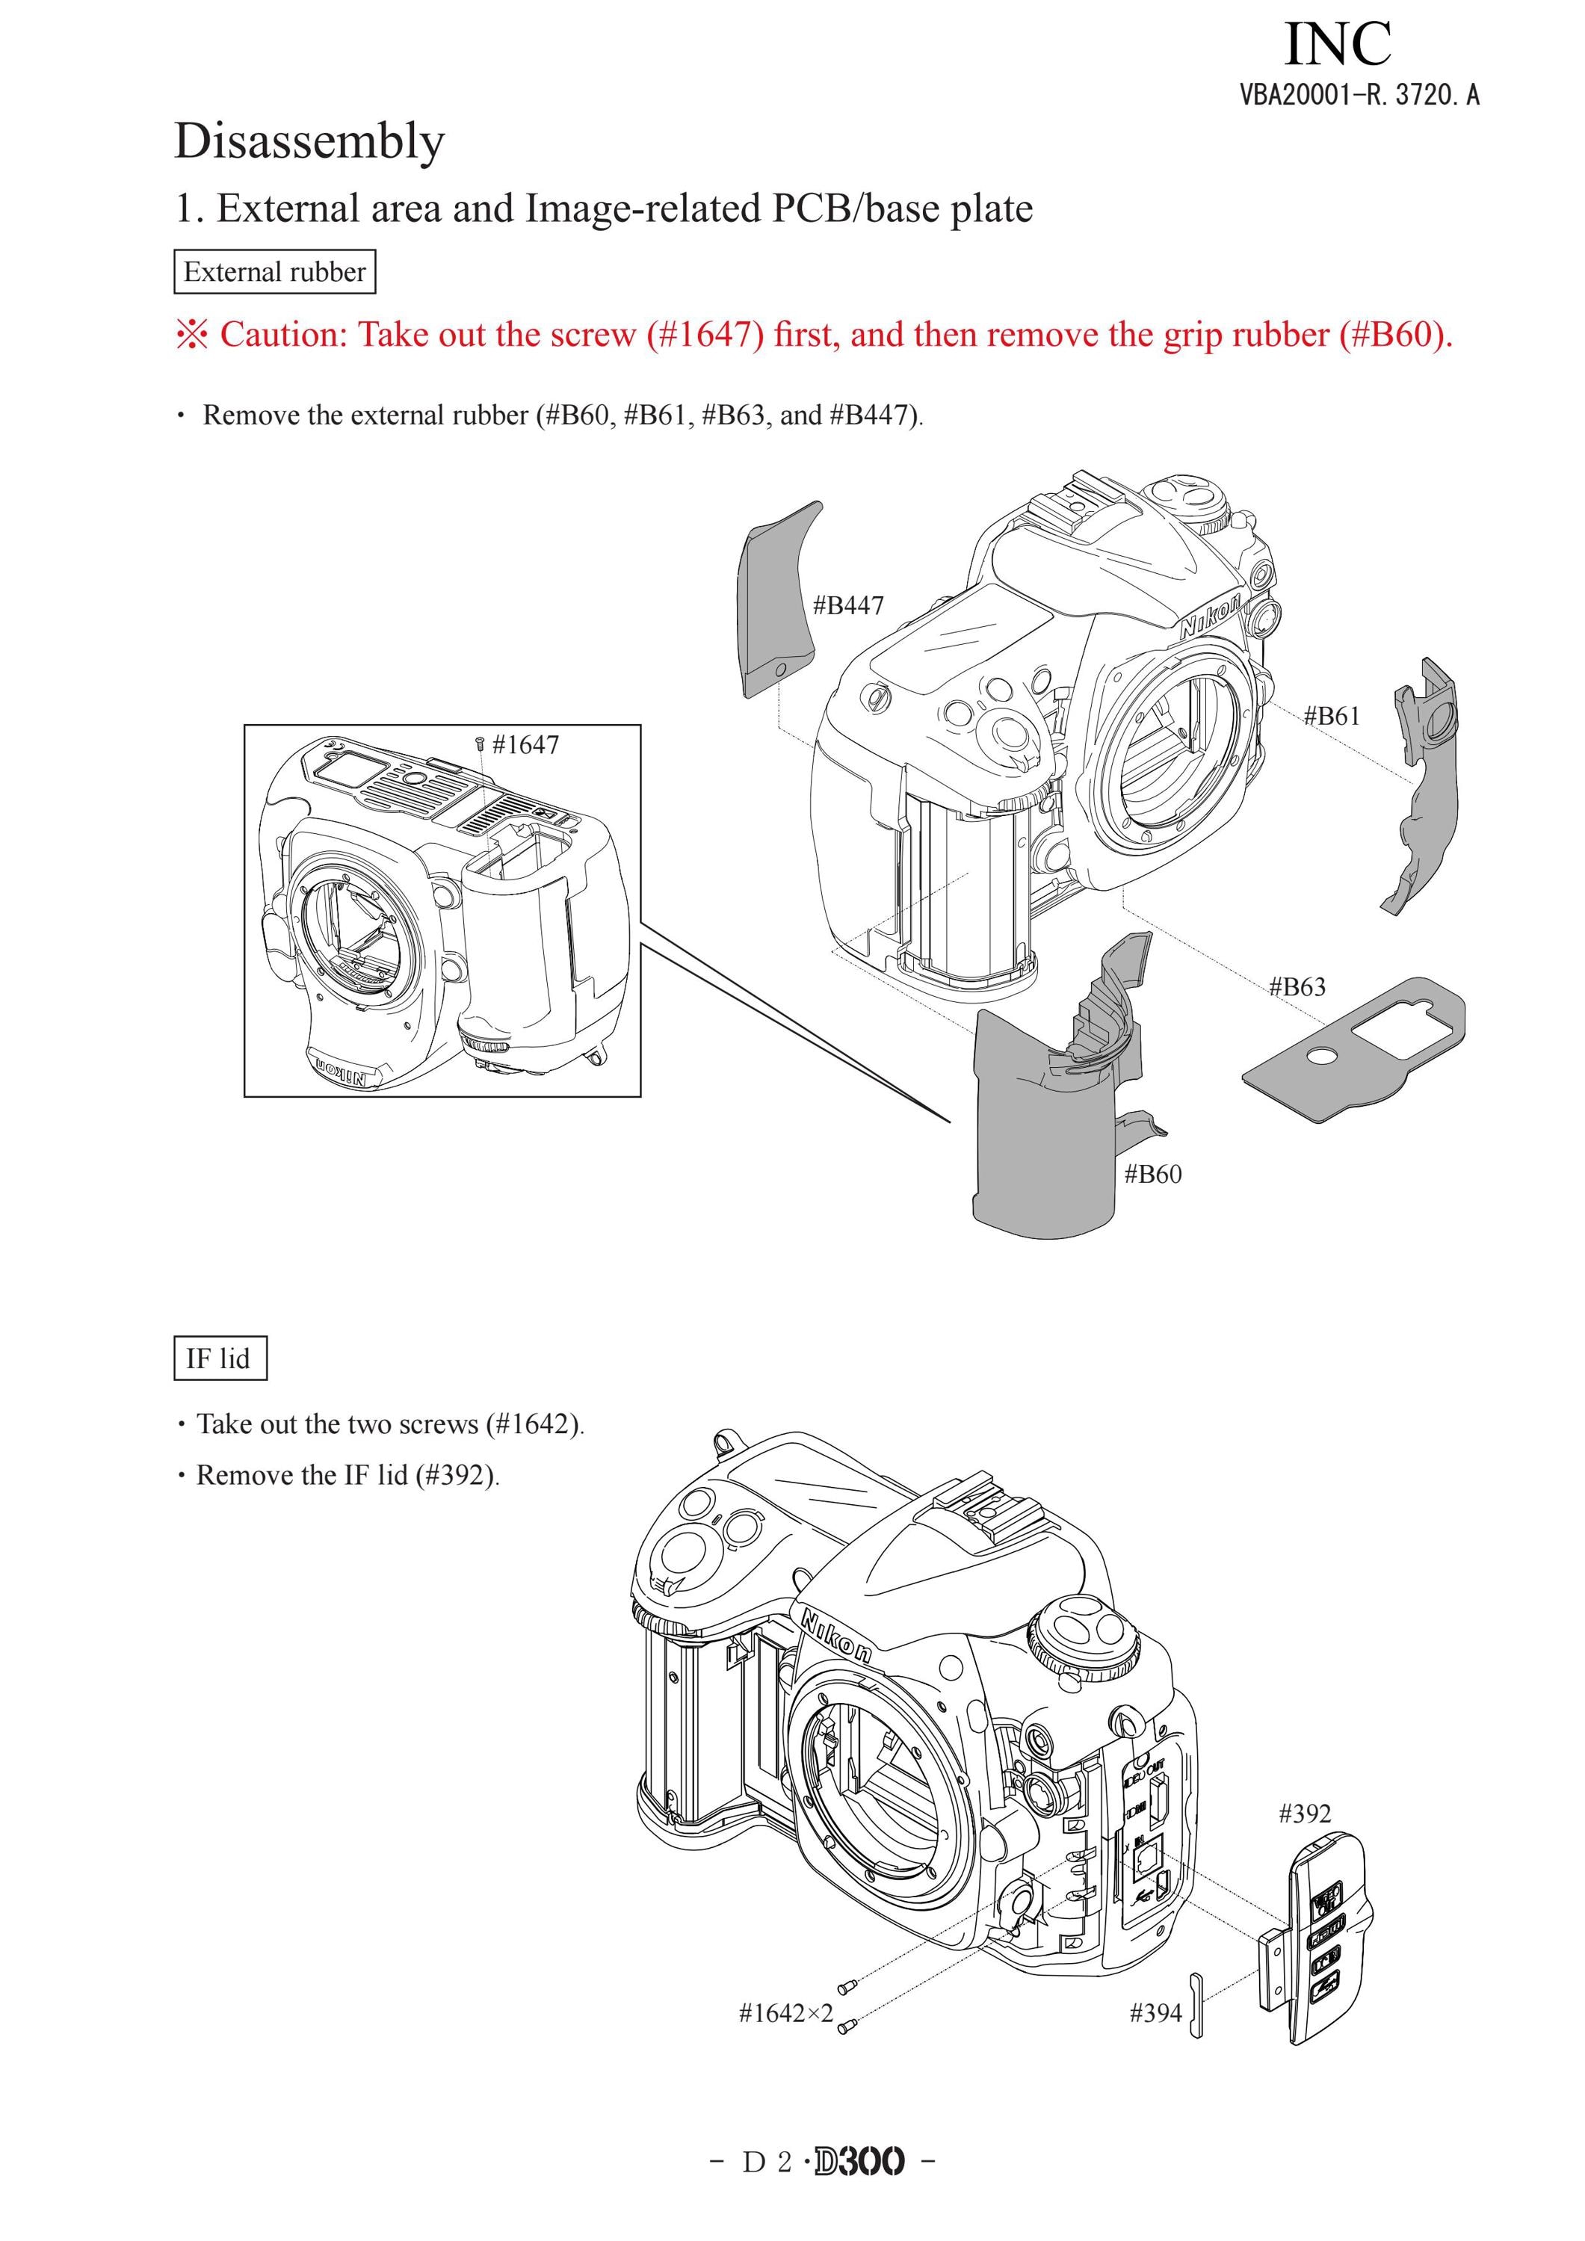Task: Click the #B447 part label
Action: tap(848, 605)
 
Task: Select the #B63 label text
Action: tap(1297, 987)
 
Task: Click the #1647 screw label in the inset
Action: tap(525, 745)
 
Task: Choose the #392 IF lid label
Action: tap(1305, 1814)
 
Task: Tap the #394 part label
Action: tap(1155, 2012)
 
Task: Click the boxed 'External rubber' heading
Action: tap(274, 271)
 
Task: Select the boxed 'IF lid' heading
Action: tap(220, 1358)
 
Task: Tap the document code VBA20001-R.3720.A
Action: tap(1359, 95)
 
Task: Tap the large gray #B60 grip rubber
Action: tap(1044, 1132)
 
